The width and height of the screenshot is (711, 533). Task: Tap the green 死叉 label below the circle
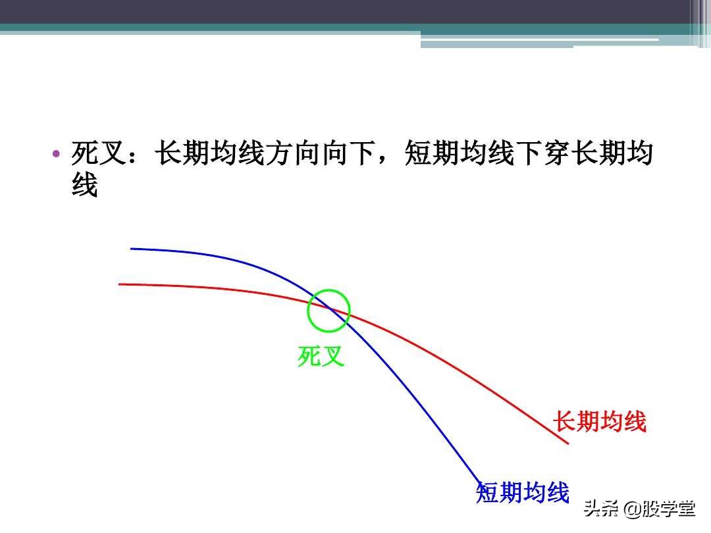pos(321,357)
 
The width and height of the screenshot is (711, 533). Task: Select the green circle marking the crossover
pos(329,311)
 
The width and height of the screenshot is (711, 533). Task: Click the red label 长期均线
pos(600,421)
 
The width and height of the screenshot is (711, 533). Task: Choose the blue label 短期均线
pos(523,492)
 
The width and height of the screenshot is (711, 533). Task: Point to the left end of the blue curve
pos(132,249)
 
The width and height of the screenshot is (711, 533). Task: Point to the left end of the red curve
pos(120,284)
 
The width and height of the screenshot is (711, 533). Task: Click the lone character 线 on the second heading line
pos(84,186)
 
